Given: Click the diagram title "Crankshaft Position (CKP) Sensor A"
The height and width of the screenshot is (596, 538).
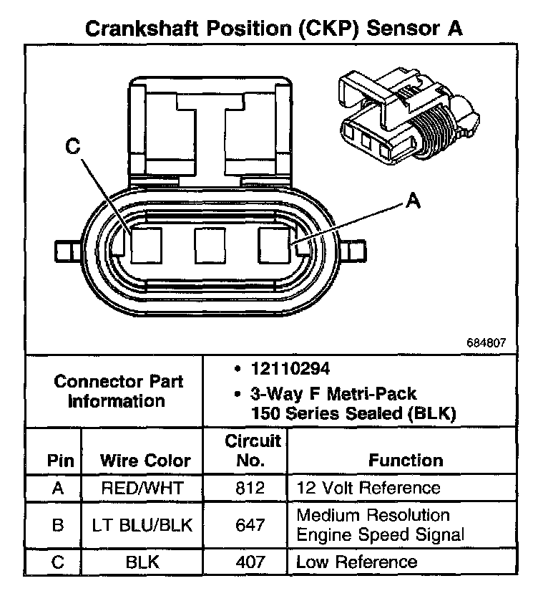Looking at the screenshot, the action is click(x=273, y=29).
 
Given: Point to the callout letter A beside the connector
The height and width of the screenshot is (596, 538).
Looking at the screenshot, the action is click(x=413, y=201).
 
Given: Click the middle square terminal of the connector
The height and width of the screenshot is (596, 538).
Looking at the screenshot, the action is click(x=210, y=246).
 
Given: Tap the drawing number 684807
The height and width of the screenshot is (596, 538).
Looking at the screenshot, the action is click(x=486, y=343).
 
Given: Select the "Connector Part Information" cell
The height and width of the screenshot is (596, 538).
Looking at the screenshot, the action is click(x=118, y=390).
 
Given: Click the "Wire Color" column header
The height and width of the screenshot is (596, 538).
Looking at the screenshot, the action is click(x=145, y=460).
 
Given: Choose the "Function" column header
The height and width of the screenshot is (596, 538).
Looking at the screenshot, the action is click(x=406, y=460).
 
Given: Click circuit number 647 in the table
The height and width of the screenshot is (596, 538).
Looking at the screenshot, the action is click(x=245, y=524).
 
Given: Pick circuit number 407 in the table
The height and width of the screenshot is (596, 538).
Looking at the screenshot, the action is click(x=245, y=562).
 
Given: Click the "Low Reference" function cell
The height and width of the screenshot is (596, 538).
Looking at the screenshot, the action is click(x=356, y=562).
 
